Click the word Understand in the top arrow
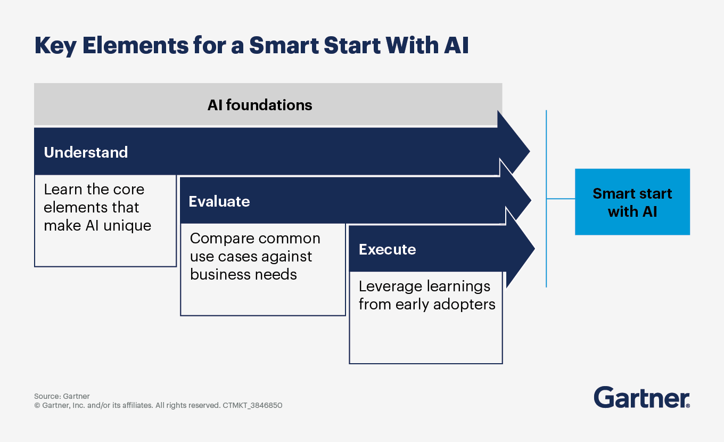(x=86, y=153)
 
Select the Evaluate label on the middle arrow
(x=219, y=201)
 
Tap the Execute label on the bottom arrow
(x=387, y=249)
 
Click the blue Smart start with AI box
(x=632, y=202)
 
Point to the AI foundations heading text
(x=260, y=105)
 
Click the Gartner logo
(x=641, y=398)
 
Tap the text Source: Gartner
(x=62, y=396)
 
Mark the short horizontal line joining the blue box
(x=561, y=199)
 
